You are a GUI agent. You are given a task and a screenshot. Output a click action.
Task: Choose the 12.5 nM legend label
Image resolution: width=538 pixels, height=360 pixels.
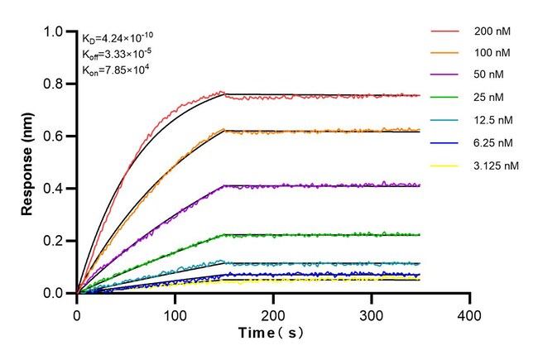494,121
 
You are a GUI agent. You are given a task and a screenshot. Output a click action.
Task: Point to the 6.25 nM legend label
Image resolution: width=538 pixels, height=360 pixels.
494,143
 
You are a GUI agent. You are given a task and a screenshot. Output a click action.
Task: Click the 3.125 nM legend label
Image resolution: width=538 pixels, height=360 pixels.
497,166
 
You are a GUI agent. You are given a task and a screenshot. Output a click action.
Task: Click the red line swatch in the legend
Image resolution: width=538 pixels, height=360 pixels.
444,32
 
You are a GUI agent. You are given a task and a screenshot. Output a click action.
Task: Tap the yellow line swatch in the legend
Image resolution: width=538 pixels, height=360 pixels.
444,166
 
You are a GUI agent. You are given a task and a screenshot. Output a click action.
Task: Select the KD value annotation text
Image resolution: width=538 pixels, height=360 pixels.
117,37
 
